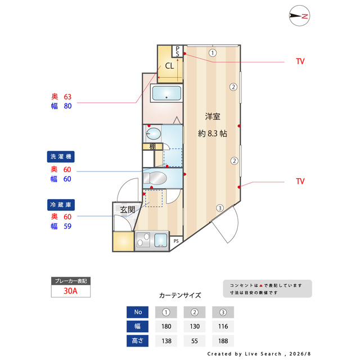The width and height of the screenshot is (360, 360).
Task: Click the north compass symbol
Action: click(299, 16)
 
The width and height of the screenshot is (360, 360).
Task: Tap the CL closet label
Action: click(169, 66)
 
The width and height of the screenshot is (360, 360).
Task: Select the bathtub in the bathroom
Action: click(166, 93)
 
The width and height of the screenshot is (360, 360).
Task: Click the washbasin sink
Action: click(154, 134)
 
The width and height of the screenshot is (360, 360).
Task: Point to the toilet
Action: click(155, 178)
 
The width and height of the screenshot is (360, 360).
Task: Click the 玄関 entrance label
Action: click(128, 209)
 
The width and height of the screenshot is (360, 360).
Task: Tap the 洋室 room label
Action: click(213, 116)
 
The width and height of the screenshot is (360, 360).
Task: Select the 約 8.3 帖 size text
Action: click(213, 133)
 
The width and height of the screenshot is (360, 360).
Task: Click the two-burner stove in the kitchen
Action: click(143, 240)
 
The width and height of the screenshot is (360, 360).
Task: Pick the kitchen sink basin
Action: click(161, 240)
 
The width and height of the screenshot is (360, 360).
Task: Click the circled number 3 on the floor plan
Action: click(220, 208)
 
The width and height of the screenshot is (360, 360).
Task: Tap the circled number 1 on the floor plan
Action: click(213, 53)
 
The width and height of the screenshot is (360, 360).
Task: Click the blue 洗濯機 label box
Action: click(61, 156)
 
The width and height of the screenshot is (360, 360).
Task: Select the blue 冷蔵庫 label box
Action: click(61, 205)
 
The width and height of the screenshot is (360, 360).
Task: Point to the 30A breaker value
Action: click(70, 291)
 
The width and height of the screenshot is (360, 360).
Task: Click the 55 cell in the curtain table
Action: click(195, 341)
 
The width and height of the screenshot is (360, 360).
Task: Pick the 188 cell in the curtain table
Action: click(223, 341)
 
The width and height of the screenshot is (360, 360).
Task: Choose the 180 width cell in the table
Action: click(166, 326)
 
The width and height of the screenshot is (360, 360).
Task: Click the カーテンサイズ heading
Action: click(180, 295)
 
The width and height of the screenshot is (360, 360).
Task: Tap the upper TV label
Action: click(300, 61)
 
